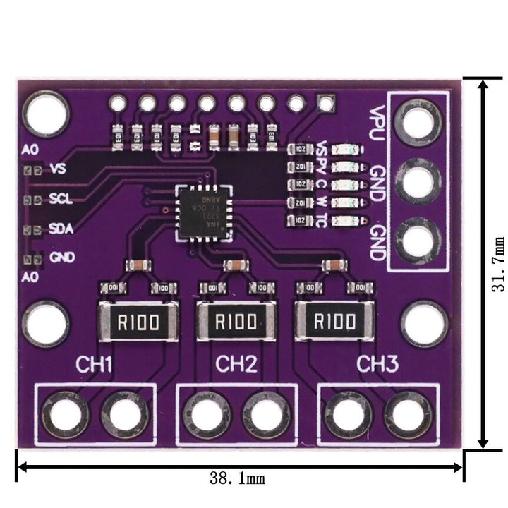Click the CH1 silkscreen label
click(95, 365)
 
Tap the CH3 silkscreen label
click(377, 364)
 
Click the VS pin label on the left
click(59, 170)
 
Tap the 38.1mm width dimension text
click(237, 479)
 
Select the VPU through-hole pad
click(420, 123)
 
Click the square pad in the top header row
click(325, 104)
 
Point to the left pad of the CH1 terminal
click(66, 414)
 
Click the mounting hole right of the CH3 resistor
click(424, 323)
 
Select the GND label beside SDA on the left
click(63, 258)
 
